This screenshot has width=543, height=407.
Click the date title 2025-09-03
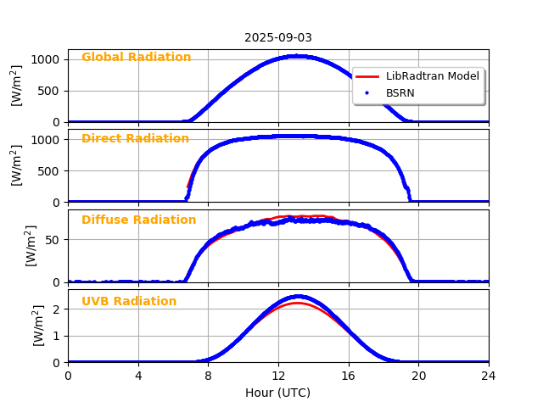(x=278, y=37)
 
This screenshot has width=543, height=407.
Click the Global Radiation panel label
(x=136, y=58)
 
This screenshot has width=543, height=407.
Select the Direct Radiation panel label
(x=135, y=139)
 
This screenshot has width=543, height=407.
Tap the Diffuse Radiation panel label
(x=138, y=220)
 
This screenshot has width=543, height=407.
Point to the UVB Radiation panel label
(x=129, y=302)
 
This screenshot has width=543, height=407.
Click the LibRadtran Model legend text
(x=433, y=76)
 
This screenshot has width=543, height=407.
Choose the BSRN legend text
(x=400, y=93)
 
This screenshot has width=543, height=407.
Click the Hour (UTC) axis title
(x=278, y=393)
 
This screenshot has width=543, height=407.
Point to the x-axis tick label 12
(x=278, y=376)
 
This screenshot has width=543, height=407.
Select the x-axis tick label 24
(x=489, y=376)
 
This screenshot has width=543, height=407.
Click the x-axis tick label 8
(x=208, y=376)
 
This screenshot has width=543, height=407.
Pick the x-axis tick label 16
(x=349, y=376)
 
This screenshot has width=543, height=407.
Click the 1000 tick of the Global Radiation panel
(x=48, y=59)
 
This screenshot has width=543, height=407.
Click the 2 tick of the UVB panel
(x=58, y=309)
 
